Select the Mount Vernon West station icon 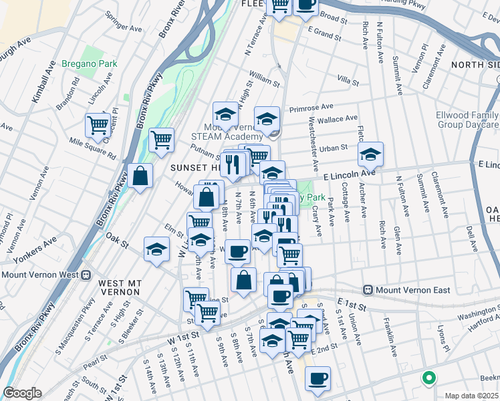pos(86,275)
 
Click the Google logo pos(22,393)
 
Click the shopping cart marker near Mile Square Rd pos(98,125)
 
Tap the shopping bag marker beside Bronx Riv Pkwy pos(140,176)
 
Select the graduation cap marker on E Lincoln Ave pos(370,154)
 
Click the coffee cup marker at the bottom pos(318,378)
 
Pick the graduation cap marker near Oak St pos(156,250)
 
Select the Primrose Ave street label pos(311,107)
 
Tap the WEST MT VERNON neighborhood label pos(119,287)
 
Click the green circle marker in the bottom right pos(428,378)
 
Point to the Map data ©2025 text pos(471,396)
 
